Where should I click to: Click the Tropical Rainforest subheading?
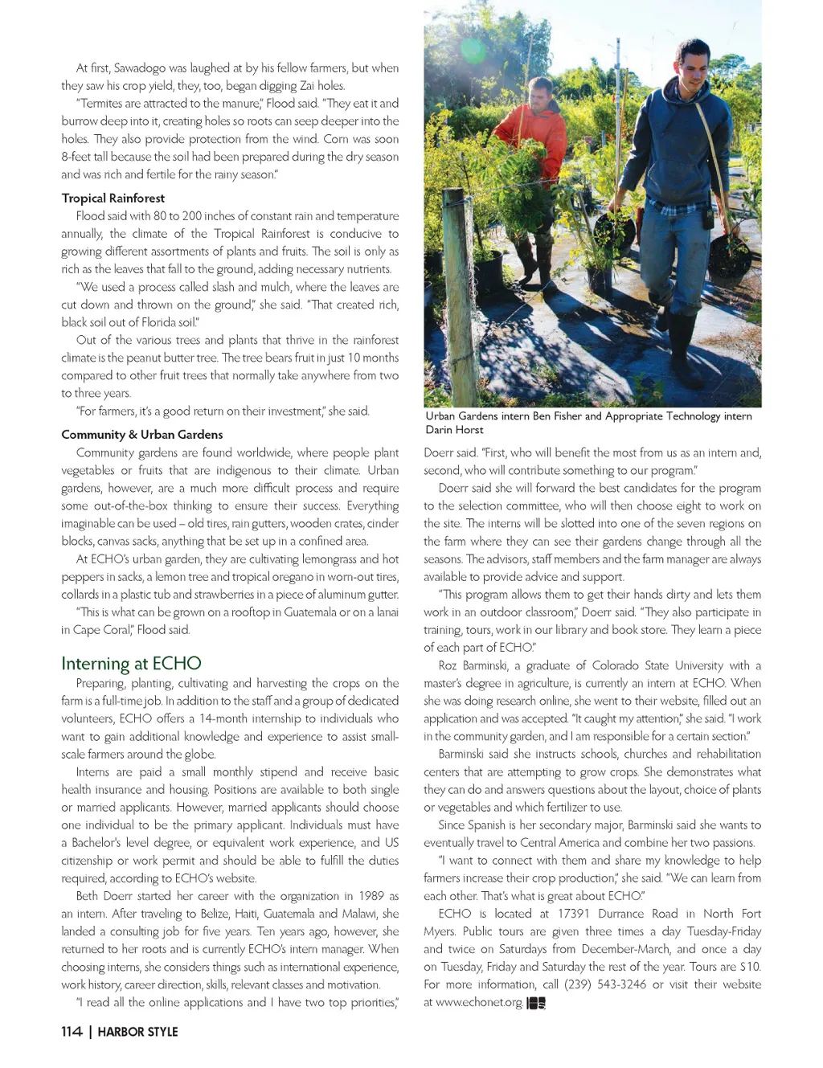point(113,198)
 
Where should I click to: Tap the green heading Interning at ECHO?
point(131,663)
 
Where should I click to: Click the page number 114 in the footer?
point(72,1031)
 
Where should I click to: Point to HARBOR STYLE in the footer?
point(137,1031)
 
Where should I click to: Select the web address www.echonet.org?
point(479,1002)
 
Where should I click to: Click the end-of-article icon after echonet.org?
point(536,1003)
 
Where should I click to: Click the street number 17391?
point(574,914)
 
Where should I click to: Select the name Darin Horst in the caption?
point(454,430)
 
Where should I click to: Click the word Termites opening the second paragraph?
point(100,104)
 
